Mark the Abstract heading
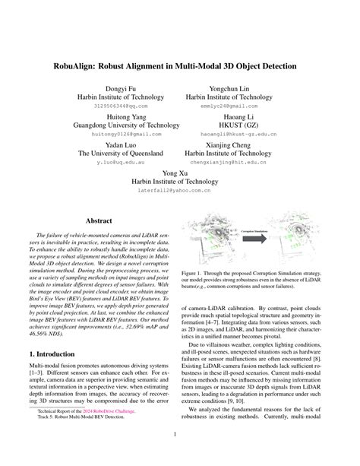[99, 220]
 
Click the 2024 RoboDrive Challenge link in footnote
[125, 430]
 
